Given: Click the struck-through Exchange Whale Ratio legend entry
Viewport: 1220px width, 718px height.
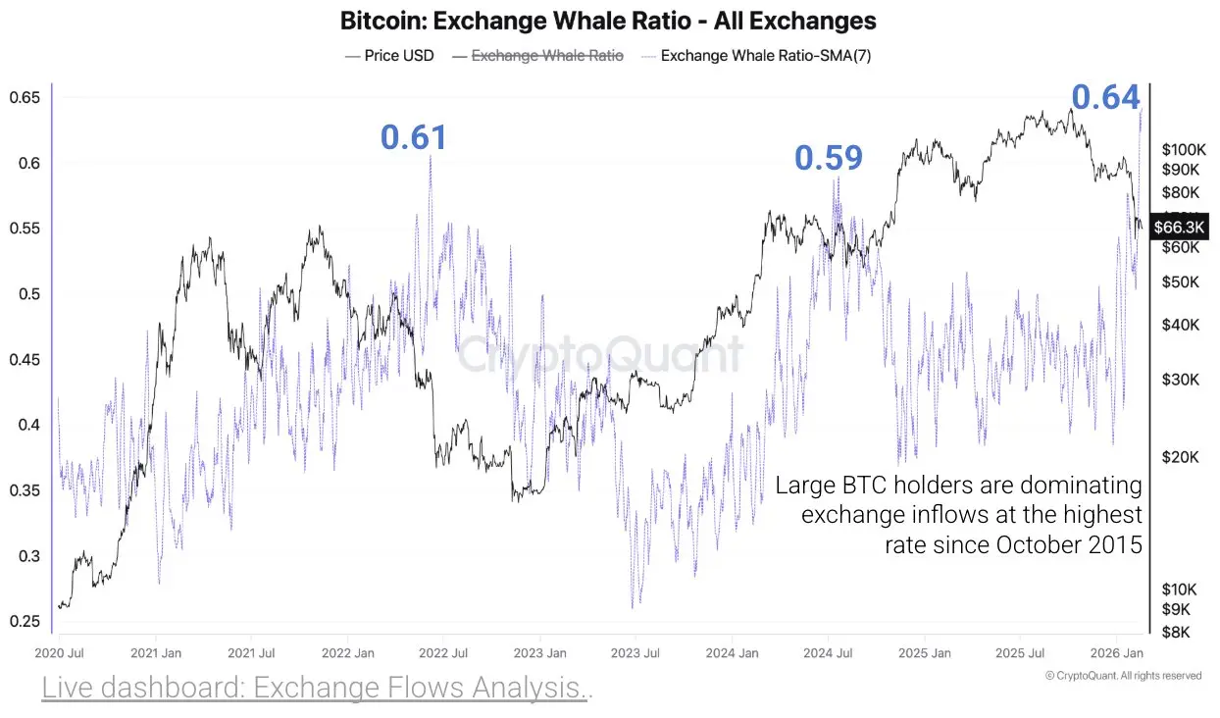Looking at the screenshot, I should coord(547,56).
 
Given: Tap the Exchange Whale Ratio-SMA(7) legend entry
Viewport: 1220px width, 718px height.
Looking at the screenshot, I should coord(765,56).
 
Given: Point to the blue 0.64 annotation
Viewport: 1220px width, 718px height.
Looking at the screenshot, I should coord(1105,98).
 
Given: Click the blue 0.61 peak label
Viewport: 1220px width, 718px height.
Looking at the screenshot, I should coord(414,138).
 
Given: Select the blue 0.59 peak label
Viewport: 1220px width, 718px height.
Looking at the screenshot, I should coord(829,158).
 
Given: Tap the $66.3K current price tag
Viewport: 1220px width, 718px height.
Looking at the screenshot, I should coord(1179,228).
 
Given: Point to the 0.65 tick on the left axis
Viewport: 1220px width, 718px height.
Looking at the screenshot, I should coord(25,98).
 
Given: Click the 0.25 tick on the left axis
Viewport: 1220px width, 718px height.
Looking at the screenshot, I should coord(25,621).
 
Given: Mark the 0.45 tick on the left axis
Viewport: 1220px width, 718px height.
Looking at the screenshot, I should coord(25,360).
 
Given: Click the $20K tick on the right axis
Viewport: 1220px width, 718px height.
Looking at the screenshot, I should coord(1181,457).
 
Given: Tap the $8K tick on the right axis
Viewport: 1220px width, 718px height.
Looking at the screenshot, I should coord(1177,632).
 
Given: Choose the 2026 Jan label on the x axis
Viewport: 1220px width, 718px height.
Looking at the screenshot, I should coord(1116,653).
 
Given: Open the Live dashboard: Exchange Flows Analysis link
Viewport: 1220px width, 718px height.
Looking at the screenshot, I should coord(316,689).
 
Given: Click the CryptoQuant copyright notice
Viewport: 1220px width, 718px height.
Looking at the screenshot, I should coord(1123,676).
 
